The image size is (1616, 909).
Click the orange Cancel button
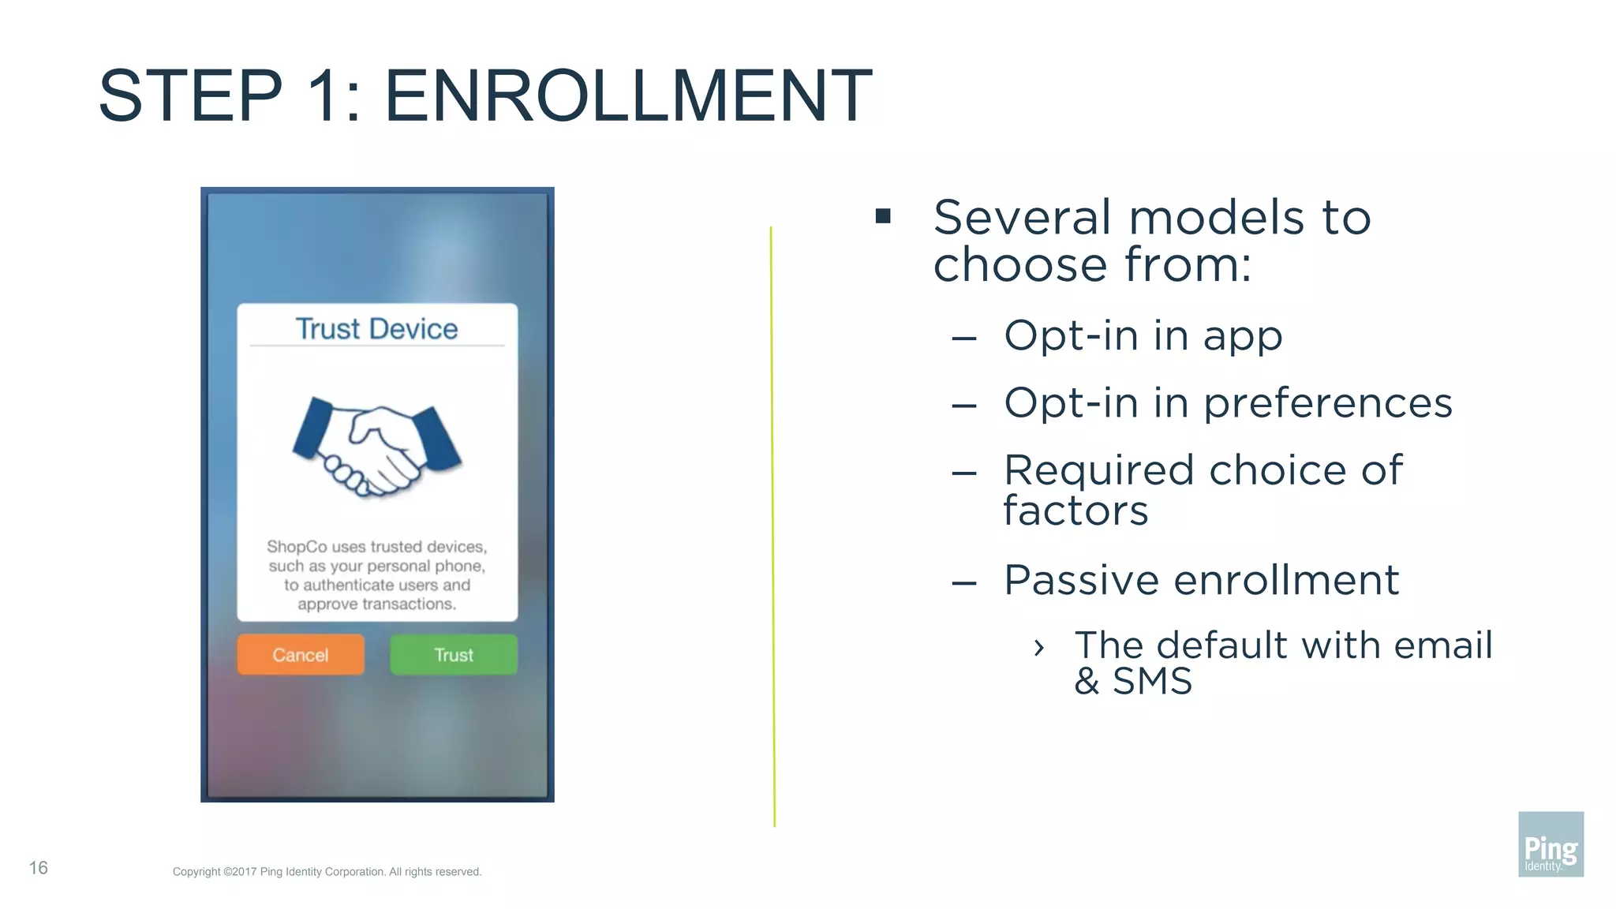coord(301,654)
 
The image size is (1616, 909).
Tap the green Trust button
coord(454,654)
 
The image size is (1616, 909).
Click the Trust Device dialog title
coord(376,329)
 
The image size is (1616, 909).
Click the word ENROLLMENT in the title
coord(628,96)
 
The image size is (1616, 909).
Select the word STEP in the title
coord(190,96)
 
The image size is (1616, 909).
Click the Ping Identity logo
coord(1551,844)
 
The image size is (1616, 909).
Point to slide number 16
coord(39,868)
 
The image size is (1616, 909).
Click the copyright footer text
coord(327,872)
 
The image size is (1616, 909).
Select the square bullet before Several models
coord(883,216)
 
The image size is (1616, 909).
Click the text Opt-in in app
coord(1143,336)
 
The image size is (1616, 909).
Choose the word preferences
coord(1327,404)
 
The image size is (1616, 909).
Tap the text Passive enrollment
coord(1201,581)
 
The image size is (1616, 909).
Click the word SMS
coord(1152,681)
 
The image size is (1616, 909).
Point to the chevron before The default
coord(1039,648)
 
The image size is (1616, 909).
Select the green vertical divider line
coord(772,526)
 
